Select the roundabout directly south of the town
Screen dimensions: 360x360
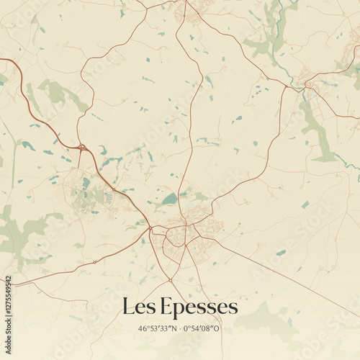[x=170, y=279]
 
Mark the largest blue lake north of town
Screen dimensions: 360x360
[x=168, y=199]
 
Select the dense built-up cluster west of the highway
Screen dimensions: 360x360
[x=90, y=191]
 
